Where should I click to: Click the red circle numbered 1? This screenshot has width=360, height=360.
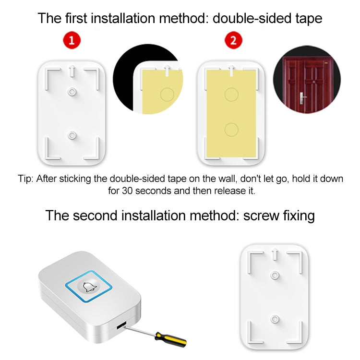[72, 40]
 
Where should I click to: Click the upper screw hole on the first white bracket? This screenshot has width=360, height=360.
[72, 91]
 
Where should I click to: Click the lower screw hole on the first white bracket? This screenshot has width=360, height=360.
[72, 135]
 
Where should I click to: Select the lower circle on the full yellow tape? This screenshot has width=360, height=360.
[232, 129]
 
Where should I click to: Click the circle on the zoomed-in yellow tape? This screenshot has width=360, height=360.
[167, 94]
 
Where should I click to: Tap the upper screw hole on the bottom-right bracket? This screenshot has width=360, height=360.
[275, 275]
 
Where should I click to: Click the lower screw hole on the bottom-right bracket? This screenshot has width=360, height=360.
[275, 318]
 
